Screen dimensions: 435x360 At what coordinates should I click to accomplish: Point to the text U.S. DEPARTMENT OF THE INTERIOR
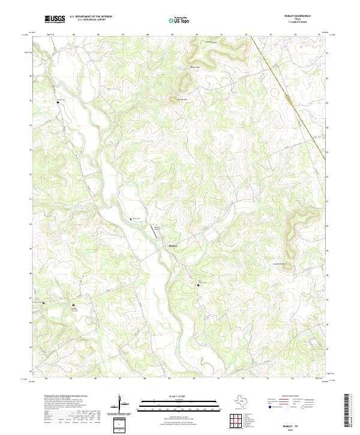pyautogui.click(x=91, y=17)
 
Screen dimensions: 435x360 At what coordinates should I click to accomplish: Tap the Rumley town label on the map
pyautogui.click(x=173, y=245)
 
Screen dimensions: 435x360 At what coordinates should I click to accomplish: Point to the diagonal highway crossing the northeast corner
pyautogui.click(x=288, y=96)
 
